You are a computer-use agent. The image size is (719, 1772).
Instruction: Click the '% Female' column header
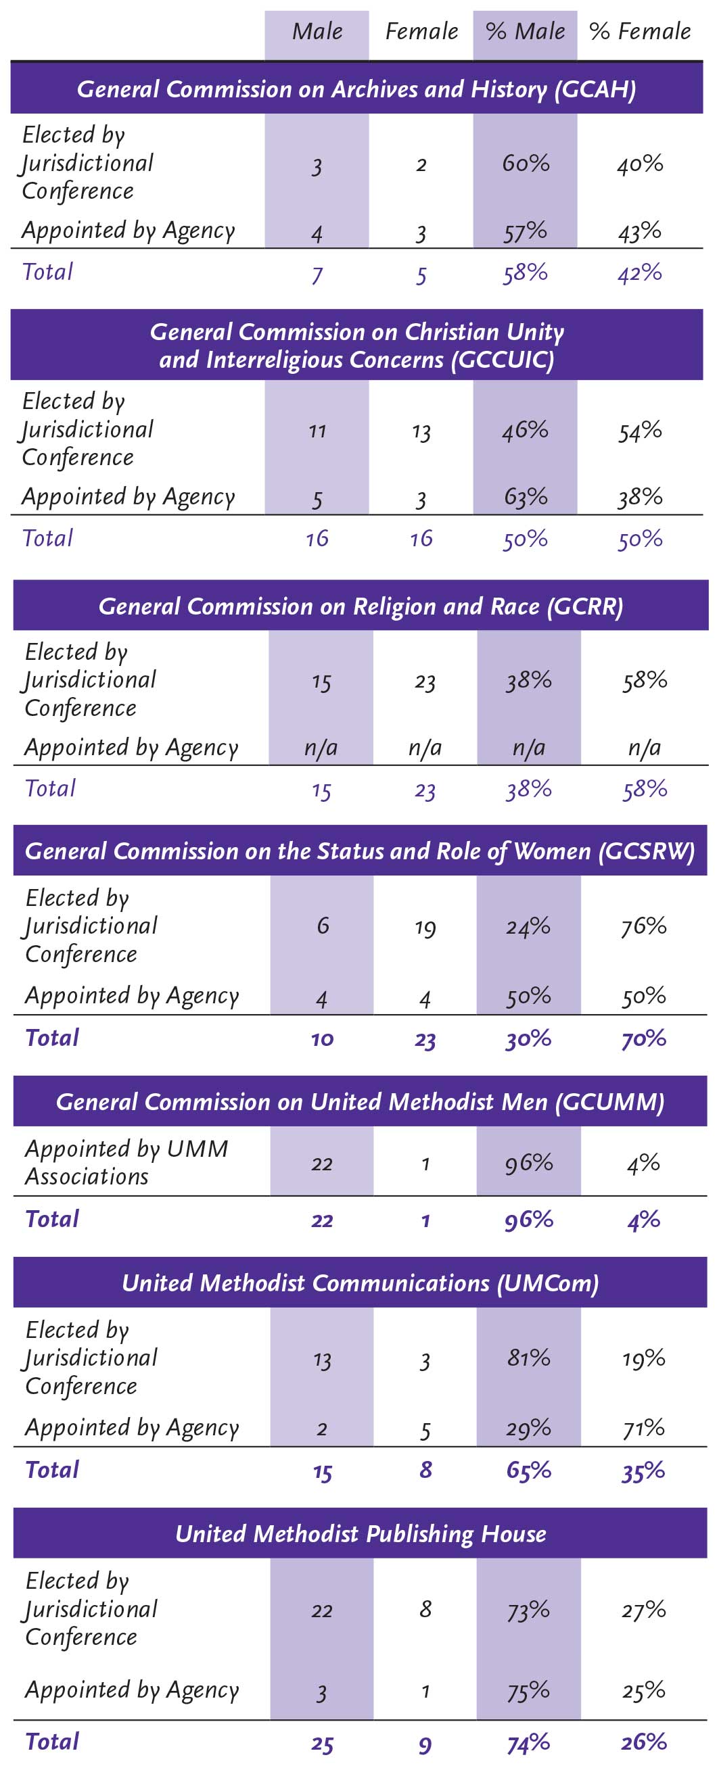(640, 32)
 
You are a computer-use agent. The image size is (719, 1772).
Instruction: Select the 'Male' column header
(317, 32)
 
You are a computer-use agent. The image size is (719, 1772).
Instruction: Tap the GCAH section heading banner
(356, 89)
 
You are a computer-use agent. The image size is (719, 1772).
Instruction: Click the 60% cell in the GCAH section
(526, 163)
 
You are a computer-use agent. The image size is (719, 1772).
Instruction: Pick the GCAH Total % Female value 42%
(640, 273)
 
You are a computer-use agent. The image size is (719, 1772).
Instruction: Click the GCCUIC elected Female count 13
(421, 432)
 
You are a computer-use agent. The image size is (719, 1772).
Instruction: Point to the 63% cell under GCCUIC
(526, 497)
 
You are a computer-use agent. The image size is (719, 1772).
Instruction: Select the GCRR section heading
(361, 606)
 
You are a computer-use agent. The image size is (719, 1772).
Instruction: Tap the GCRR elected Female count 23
(425, 681)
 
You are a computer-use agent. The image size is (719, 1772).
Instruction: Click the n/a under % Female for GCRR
(644, 748)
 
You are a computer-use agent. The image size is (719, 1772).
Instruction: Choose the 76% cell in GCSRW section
(644, 926)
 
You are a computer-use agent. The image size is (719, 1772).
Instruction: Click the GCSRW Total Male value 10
(321, 1038)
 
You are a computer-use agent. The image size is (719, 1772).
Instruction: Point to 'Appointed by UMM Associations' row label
(126, 1162)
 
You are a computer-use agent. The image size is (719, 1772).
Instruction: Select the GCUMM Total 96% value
(528, 1220)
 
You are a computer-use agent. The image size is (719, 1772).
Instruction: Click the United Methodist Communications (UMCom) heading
(361, 1283)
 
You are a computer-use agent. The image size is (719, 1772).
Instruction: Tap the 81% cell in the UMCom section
(528, 1358)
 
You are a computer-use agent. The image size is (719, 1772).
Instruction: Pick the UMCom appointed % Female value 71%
(644, 1429)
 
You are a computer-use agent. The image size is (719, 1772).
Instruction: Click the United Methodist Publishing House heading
(361, 1533)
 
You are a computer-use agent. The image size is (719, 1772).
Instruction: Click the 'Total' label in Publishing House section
(52, 1741)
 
